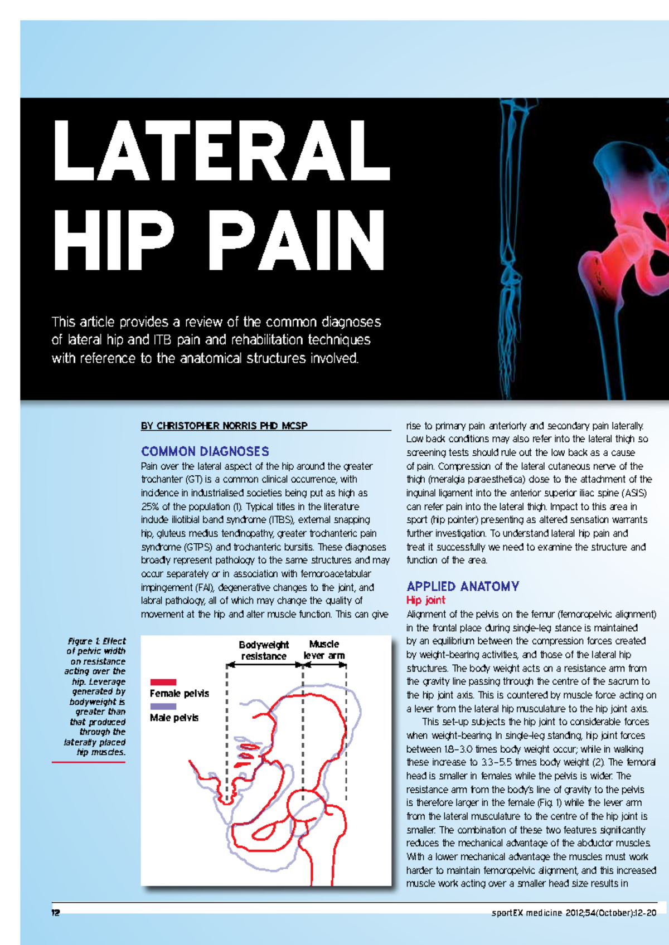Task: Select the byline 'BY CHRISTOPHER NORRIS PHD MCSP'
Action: coord(224,426)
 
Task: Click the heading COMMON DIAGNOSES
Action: coord(205,451)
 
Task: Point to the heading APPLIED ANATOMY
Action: coord(463,586)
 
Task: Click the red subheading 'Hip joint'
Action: coord(425,600)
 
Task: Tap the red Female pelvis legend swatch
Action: coord(163,682)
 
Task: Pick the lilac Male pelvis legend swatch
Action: coord(163,706)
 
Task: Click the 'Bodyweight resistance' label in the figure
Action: coord(264,650)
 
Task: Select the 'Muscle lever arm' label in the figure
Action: coord(324,650)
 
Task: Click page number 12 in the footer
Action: coord(55,913)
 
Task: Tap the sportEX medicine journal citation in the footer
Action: coord(574,913)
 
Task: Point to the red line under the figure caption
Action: coord(88,762)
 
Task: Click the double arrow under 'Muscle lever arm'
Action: coord(324,665)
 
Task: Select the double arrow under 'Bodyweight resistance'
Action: coord(264,665)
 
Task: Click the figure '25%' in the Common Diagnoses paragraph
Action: coord(150,506)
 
